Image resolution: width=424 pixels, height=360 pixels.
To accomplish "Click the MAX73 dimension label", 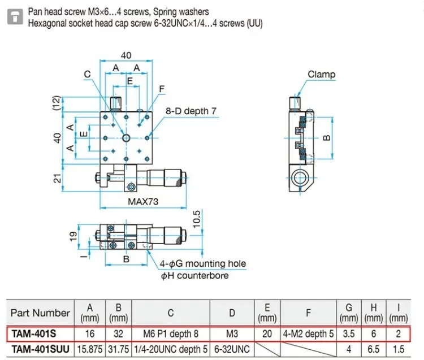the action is point(143,201).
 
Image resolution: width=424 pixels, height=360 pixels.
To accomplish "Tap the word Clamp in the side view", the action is point(322,75).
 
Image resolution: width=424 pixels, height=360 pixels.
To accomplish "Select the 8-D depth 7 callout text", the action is point(191,111).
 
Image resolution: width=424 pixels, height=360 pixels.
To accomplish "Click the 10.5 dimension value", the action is point(197,219).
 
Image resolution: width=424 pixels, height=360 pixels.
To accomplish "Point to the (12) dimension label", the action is point(56,103).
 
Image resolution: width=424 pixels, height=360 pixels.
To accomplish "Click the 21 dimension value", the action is point(57,179).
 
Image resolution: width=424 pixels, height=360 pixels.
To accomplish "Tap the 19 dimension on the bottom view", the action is point(73,236).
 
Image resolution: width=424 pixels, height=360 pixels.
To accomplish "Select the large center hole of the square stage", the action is point(126,138).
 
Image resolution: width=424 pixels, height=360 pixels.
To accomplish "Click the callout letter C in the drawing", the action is point(87,74).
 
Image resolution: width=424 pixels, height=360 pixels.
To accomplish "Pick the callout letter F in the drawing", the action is point(162,89).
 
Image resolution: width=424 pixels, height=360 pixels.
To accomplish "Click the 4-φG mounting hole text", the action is point(203,263).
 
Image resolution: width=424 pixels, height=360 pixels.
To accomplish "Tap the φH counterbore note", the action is point(194,276).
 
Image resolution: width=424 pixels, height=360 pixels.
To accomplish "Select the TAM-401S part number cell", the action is point(34,334).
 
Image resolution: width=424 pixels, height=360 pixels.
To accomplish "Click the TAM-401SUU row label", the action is point(40,349).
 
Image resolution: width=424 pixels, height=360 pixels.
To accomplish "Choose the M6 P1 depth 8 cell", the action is point(171,334).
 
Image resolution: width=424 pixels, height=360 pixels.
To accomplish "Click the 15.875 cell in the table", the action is point(90,349).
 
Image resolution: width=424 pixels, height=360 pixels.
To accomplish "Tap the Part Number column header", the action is point(40,313).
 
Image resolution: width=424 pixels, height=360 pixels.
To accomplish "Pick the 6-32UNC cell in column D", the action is point(232,349).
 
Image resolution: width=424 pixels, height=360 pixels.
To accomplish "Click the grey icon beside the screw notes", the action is point(15,16).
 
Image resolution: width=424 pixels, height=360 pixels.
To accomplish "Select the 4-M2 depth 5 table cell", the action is point(308,334).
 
